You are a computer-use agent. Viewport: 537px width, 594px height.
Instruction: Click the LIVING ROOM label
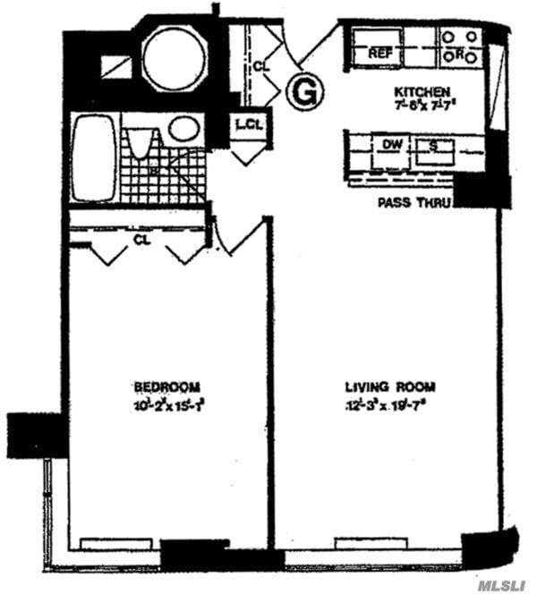click(x=390, y=386)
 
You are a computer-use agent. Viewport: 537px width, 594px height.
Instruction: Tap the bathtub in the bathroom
click(x=94, y=159)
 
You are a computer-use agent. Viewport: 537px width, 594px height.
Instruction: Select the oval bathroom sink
click(x=183, y=129)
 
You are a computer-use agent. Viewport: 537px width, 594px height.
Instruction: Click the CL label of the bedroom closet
click(x=141, y=239)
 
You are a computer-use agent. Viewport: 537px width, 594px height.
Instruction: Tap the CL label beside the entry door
click(x=260, y=65)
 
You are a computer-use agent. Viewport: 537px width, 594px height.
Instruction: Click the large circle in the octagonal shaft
click(x=175, y=58)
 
